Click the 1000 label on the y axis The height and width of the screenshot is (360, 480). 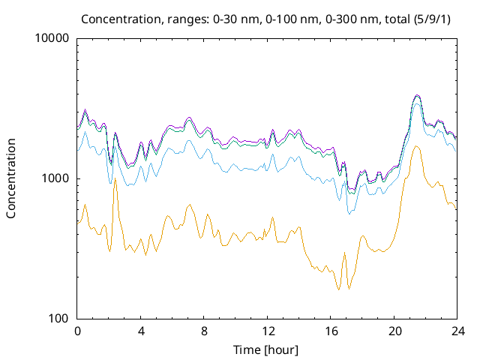coord(57,178)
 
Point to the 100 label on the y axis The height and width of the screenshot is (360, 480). coord(60,319)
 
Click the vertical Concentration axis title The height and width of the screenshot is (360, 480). coord(11,178)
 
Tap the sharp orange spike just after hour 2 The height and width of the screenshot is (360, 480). coord(115,179)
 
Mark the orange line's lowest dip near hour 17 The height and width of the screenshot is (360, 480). coord(339,290)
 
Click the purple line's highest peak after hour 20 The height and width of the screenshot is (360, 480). coord(418,95)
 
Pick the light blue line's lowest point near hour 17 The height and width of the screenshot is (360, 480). coord(349,214)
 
